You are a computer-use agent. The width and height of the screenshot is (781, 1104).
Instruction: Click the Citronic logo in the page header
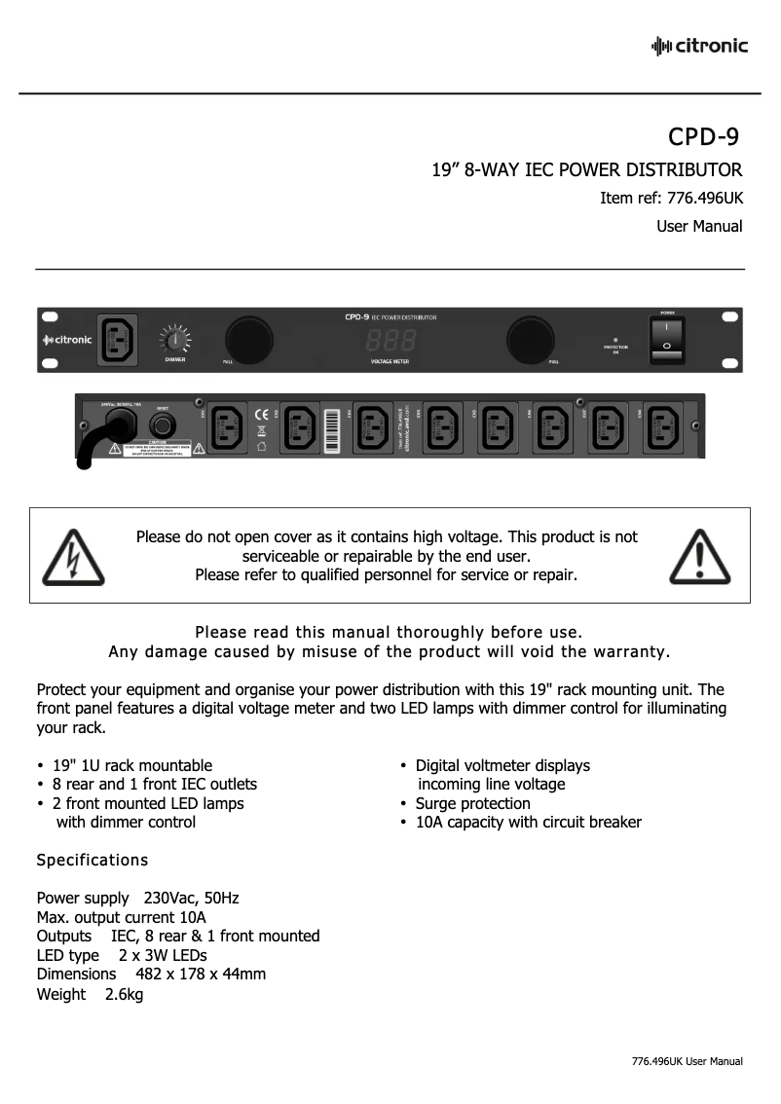coord(699,46)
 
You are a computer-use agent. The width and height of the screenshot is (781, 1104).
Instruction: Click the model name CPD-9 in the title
coord(706,134)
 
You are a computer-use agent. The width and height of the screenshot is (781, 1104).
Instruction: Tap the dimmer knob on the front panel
coord(175,340)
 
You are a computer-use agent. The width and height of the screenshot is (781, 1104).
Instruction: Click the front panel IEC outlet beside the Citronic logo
coord(117,339)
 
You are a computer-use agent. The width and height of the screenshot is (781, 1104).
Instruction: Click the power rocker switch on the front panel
coord(667,340)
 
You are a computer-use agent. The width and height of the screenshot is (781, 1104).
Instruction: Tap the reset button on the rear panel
coord(163,427)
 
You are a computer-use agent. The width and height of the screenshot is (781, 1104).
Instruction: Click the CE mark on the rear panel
coord(261,413)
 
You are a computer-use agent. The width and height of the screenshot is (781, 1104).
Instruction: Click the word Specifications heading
coord(93,861)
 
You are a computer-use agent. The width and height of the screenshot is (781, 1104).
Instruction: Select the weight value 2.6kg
coord(124,994)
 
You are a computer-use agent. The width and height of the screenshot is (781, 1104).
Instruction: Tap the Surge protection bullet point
coord(472,803)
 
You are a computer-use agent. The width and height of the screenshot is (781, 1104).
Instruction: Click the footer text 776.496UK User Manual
coord(687,1061)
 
